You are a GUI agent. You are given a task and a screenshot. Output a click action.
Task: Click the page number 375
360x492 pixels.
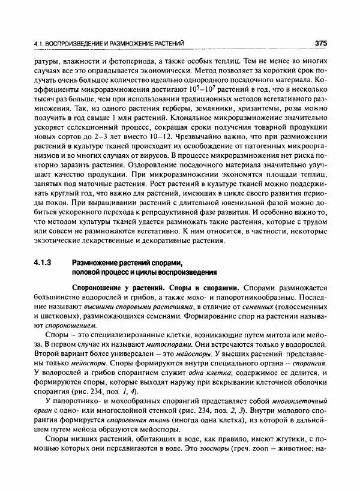[x=320, y=43]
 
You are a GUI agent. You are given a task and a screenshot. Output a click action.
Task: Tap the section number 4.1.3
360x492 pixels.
[x=46, y=262]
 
